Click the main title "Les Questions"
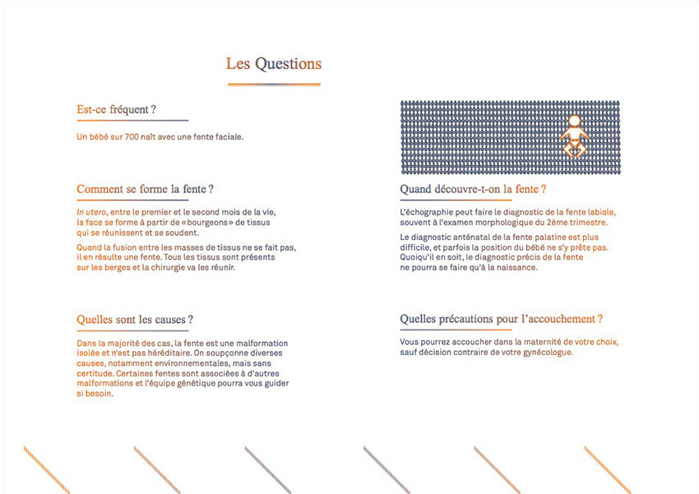pyautogui.click(x=273, y=64)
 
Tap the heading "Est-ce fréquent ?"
pyautogui.click(x=116, y=109)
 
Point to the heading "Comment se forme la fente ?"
pyautogui.click(x=145, y=189)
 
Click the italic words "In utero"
pyautogui.click(x=91, y=212)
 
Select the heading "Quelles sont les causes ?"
pyautogui.click(x=135, y=319)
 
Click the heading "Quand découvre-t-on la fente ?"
pyautogui.click(x=473, y=189)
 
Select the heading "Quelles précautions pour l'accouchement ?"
pyautogui.click(x=502, y=319)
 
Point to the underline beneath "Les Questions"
pyautogui.click(x=273, y=84)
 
